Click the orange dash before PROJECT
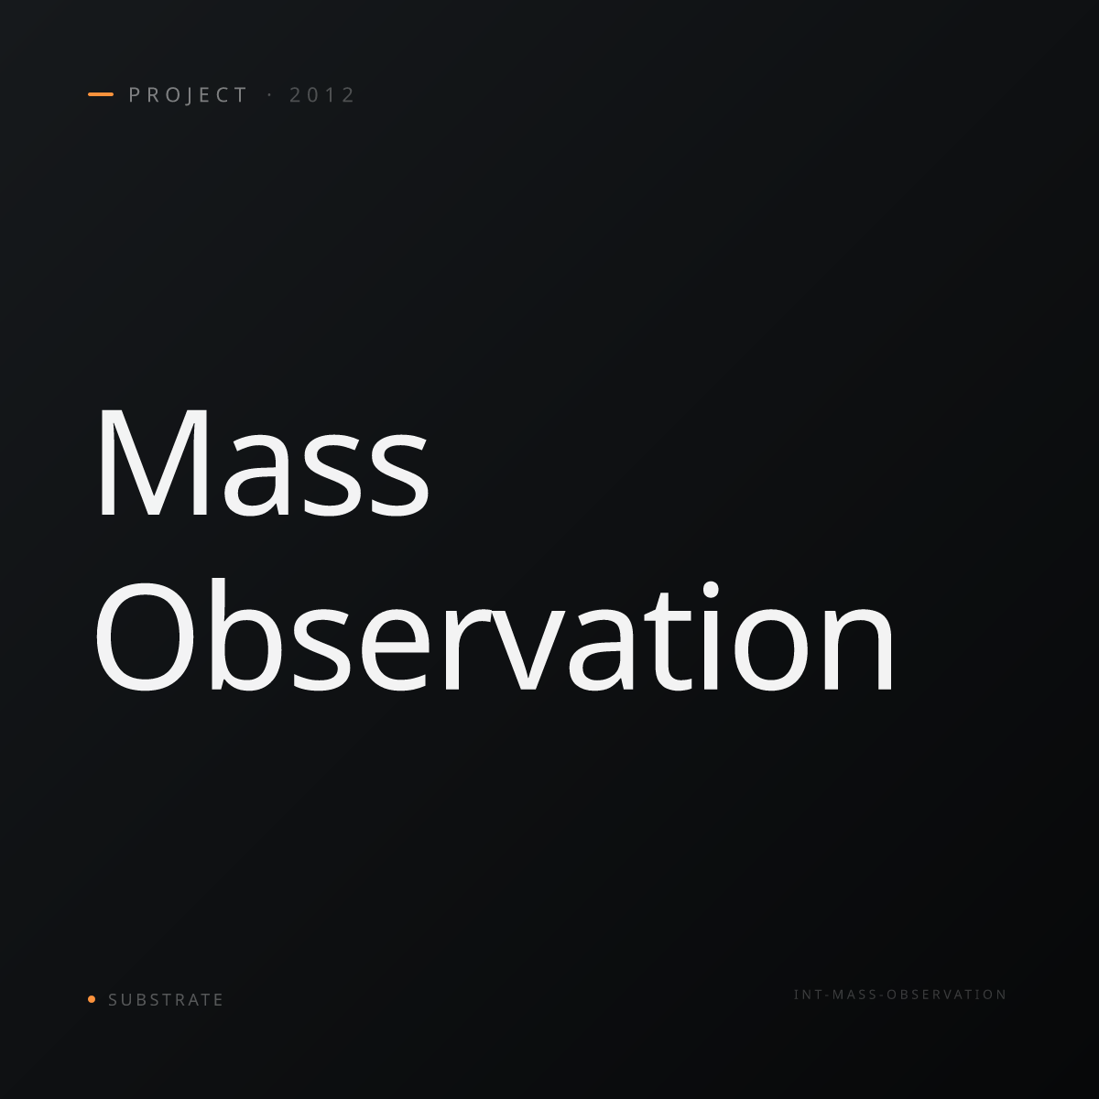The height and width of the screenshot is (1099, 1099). point(101,94)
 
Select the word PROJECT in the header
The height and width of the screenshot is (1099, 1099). point(188,95)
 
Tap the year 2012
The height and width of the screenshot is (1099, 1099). point(322,95)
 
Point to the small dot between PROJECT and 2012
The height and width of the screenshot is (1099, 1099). point(270,95)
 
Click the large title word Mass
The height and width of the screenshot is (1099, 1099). point(264,462)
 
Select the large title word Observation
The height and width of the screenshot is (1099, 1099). point(494,636)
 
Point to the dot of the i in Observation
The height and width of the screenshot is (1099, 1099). point(711,591)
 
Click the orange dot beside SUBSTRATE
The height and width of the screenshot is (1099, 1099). point(92,999)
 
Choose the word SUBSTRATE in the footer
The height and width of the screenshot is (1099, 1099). point(166,1000)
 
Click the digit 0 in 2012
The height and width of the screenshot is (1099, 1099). point(313,95)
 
